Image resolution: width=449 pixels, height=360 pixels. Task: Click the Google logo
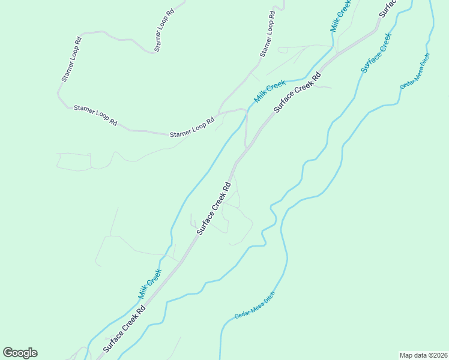pos(20,353)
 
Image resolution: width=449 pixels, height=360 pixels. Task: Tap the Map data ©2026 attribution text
pos(423,355)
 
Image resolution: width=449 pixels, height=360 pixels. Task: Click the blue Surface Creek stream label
pos(376,53)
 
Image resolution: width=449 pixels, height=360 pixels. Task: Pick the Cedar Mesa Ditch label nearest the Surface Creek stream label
pos(415,73)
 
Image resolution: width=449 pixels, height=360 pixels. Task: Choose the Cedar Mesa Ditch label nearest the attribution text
pos(255,305)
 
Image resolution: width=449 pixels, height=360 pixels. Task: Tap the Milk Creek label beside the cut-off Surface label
pos(340,15)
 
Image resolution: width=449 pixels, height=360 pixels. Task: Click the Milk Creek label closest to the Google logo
pos(150,284)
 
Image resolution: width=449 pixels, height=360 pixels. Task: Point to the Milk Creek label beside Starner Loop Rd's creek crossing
pos(268,91)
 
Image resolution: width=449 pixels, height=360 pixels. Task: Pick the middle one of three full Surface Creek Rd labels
pos(214,208)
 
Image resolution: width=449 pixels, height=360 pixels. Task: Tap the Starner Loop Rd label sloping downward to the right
pos(95,115)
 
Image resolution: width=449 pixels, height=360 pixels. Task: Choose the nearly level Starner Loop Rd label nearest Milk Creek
pos(192,127)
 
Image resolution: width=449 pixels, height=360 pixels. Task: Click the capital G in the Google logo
pos(8,353)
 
